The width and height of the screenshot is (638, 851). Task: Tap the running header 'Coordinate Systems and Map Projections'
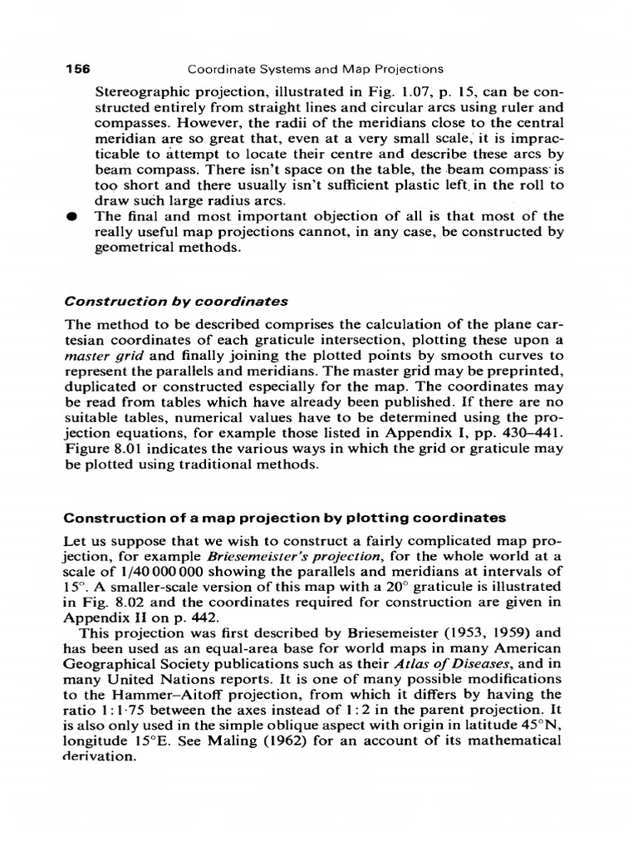[316, 70]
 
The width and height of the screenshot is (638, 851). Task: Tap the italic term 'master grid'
[99, 356]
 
